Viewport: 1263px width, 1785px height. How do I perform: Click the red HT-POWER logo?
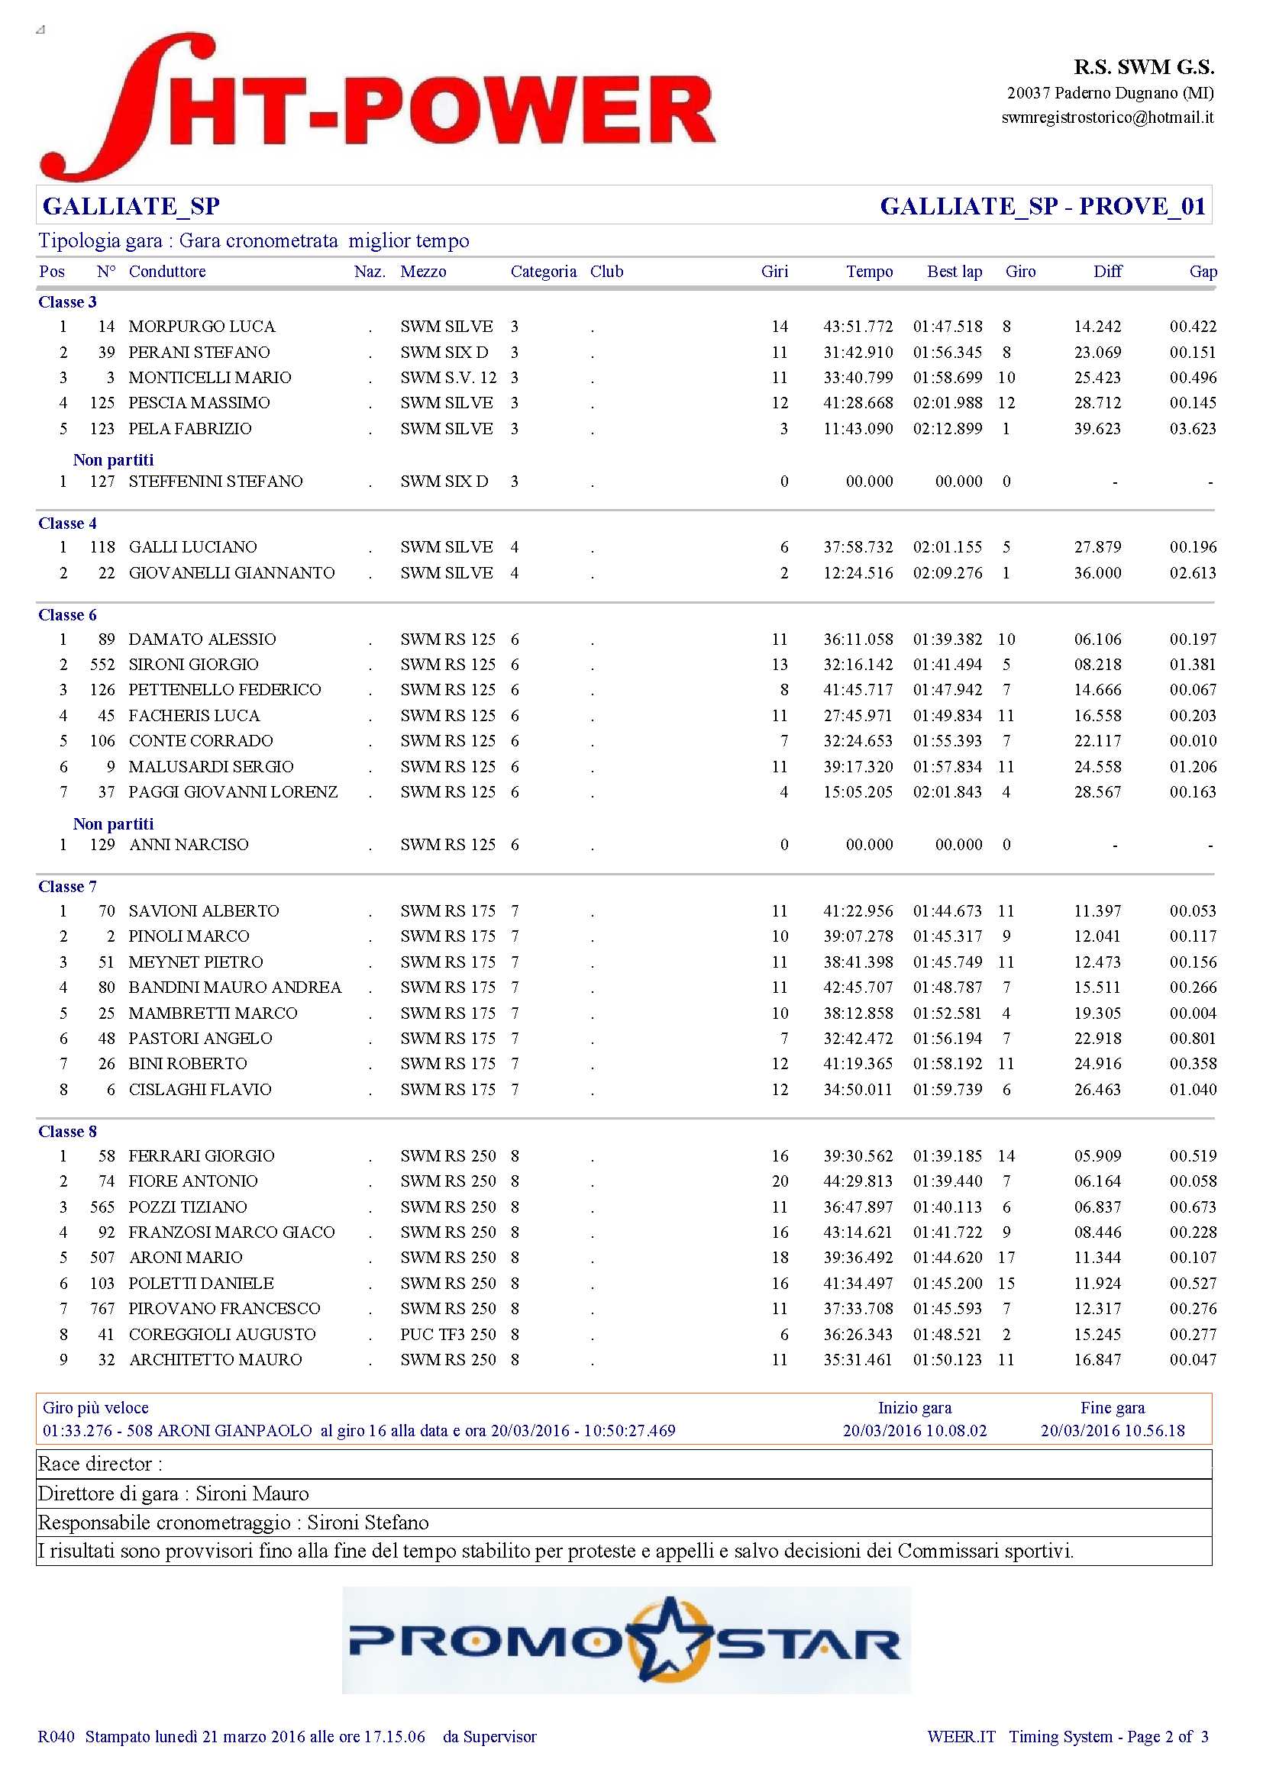point(378,108)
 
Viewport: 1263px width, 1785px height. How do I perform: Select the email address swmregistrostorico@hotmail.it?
point(1106,118)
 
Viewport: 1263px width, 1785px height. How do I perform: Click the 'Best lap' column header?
point(955,272)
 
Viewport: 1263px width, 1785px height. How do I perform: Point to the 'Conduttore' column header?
point(167,272)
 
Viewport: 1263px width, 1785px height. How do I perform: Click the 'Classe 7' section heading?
point(68,886)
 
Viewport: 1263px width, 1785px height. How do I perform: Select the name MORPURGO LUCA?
point(202,327)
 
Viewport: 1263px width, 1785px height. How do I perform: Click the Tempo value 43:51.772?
point(858,327)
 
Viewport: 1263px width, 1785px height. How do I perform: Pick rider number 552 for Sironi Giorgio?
point(102,665)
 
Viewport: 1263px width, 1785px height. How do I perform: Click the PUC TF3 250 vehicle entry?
point(448,1334)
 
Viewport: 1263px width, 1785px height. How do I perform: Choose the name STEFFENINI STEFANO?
point(215,482)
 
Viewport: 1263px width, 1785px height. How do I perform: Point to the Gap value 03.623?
point(1192,429)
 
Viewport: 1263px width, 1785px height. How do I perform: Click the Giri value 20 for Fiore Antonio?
point(780,1181)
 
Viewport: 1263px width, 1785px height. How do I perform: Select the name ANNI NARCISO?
point(189,844)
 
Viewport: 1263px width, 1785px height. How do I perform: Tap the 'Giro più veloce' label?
point(95,1407)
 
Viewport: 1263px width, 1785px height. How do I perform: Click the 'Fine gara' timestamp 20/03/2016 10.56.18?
point(1112,1430)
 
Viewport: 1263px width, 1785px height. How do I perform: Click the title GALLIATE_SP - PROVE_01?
point(1042,206)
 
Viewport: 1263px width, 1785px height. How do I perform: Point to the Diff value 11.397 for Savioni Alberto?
point(1097,911)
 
